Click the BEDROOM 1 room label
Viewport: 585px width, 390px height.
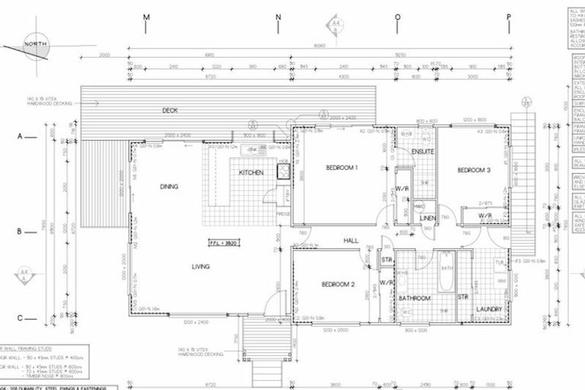pyautogui.click(x=342, y=167)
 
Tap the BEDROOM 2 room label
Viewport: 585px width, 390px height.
pyautogui.click(x=339, y=284)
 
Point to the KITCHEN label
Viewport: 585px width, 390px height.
pyautogui.click(x=251, y=173)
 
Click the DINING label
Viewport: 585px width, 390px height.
pyautogui.click(x=169, y=186)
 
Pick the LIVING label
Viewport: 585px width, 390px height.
pyautogui.click(x=201, y=266)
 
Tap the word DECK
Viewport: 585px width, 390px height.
pyautogui.click(x=170, y=110)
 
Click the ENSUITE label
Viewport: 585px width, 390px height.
pyautogui.click(x=423, y=152)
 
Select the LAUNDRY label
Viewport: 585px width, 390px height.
pyautogui.click(x=488, y=308)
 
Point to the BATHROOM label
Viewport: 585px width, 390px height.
pyautogui.click(x=416, y=298)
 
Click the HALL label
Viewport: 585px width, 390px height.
pyautogui.click(x=350, y=241)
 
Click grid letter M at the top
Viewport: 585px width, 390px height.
pyautogui.click(x=146, y=16)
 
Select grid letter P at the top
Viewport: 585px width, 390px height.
pyautogui.click(x=508, y=16)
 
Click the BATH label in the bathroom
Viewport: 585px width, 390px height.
pyautogui.click(x=447, y=268)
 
